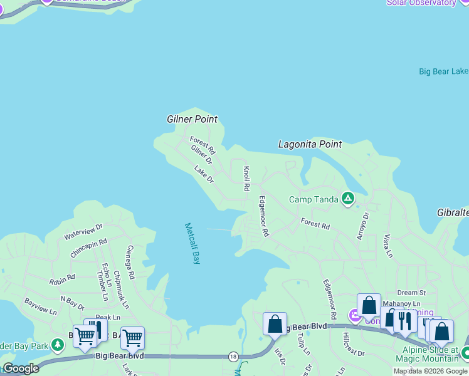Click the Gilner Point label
192,119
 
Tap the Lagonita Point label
310,144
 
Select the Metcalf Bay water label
192,243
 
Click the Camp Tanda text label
313,200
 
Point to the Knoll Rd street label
247,179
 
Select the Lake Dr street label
204,174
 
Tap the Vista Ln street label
387,246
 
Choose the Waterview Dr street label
83,232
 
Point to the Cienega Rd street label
130,262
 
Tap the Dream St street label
411,293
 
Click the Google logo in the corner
21,369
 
